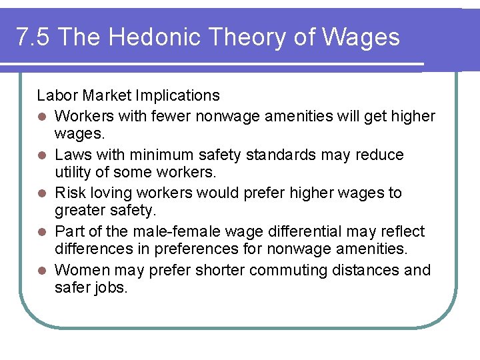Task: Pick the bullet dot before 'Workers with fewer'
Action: [42, 117]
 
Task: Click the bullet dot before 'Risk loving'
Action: [42, 194]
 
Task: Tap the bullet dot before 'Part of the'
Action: [42, 233]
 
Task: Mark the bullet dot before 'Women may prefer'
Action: [42, 271]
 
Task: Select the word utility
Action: [72, 173]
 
